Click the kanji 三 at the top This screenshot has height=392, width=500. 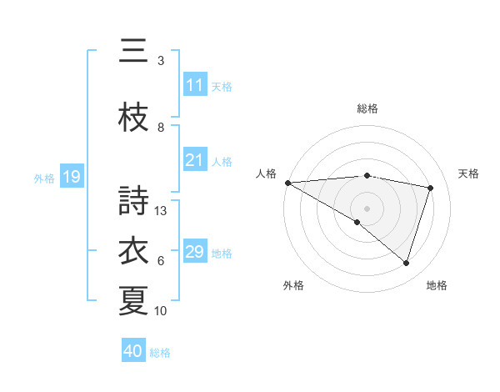point(134,52)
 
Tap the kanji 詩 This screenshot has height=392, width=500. point(134,201)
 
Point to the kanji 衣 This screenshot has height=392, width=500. point(134,251)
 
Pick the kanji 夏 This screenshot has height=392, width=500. point(134,301)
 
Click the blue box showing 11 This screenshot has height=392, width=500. point(194,85)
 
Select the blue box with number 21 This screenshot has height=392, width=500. point(194,160)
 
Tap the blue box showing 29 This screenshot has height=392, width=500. point(194,252)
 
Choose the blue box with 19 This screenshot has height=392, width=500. point(72,177)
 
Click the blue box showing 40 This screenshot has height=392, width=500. point(133,351)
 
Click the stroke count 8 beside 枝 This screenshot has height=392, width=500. point(161,128)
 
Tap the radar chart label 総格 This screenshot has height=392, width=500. point(367,108)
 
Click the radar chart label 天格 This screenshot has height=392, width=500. point(469,173)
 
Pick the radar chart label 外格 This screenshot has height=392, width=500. point(293,285)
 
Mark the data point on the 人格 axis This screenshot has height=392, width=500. point(287,183)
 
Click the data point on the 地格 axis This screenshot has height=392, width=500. point(406,264)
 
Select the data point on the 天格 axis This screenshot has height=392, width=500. point(430,188)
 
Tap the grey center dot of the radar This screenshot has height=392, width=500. point(367,208)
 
